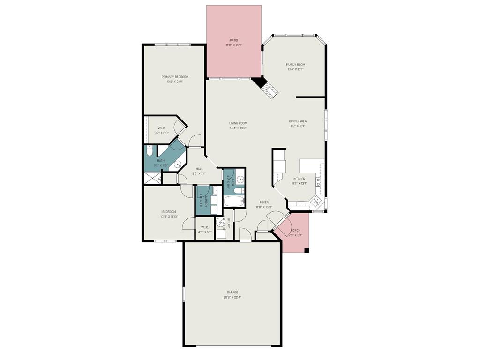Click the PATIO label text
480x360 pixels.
tap(233, 40)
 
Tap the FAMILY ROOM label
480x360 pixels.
tap(295, 65)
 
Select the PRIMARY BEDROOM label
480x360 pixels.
tap(175, 77)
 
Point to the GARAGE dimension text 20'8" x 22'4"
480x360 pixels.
tap(232, 297)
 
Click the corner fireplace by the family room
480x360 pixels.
tap(265, 87)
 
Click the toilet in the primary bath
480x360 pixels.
tap(149, 151)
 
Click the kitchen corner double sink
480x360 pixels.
tap(316, 202)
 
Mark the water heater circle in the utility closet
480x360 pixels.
tap(221, 223)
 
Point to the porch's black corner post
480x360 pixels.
tap(307, 250)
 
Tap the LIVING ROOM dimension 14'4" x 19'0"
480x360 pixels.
tap(238, 128)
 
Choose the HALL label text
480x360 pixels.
tap(199, 169)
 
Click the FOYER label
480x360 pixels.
tap(264, 202)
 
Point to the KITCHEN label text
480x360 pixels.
tap(299, 179)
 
